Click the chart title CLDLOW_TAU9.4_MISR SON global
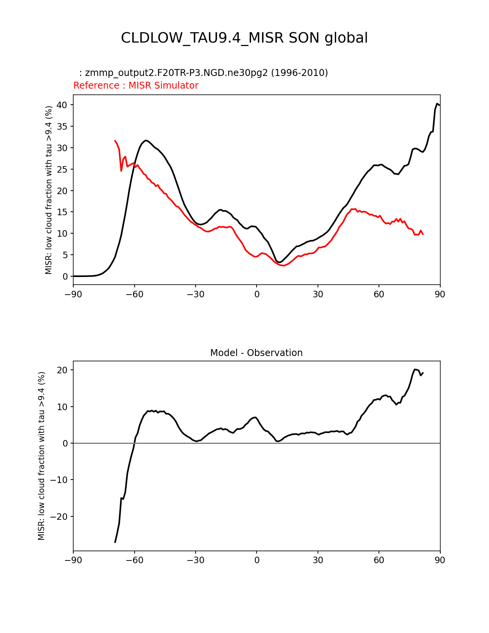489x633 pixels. click(244, 38)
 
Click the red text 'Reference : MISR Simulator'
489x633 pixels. click(136, 86)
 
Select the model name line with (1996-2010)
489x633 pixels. click(203, 73)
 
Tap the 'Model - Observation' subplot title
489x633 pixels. click(256, 353)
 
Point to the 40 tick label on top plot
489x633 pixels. click(62, 105)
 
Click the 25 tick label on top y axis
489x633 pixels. click(62, 169)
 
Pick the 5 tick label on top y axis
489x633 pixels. click(65, 255)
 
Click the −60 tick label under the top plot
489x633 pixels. click(134, 294)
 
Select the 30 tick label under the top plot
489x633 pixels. click(318, 294)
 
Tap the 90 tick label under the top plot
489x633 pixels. click(440, 294)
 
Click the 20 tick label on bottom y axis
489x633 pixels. click(62, 370)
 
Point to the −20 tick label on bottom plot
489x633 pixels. click(59, 517)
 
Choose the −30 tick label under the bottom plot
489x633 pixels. click(195, 560)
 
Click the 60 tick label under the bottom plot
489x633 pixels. click(379, 560)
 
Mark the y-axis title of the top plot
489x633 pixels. click(49, 190)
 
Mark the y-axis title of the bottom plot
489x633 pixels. click(41, 456)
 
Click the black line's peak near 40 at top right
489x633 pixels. click(437, 104)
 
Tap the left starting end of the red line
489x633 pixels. click(115, 140)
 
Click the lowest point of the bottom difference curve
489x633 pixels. click(115, 542)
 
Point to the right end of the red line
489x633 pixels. click(423, 234)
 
